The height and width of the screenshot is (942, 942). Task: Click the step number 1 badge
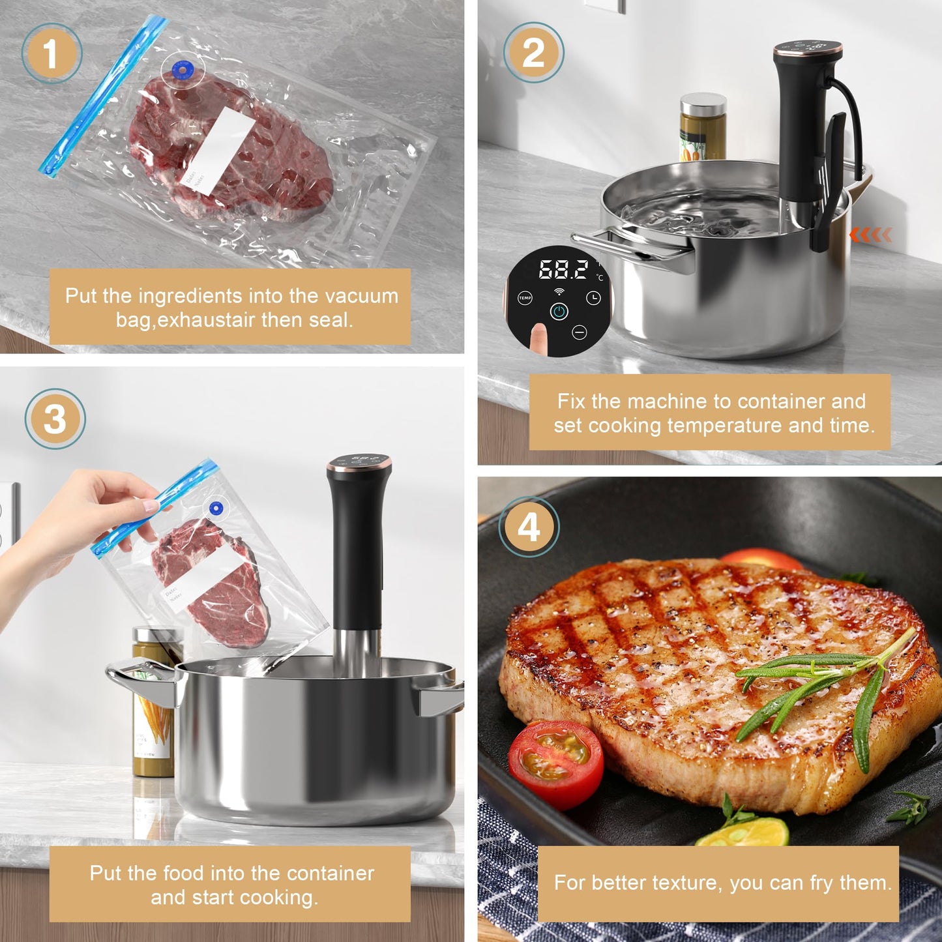(52, 53)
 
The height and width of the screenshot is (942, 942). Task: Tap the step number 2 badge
(533, 53)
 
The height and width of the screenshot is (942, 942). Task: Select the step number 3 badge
(55, 419)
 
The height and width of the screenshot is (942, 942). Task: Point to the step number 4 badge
(529, 526)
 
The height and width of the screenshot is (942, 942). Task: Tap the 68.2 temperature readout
(563, 270)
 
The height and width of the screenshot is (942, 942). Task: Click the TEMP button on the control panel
(525, 298)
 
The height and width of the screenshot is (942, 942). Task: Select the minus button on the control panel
(579, 333)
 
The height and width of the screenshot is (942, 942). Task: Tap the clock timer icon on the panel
(593, 298)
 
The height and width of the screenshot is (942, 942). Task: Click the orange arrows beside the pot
(870, 235)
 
